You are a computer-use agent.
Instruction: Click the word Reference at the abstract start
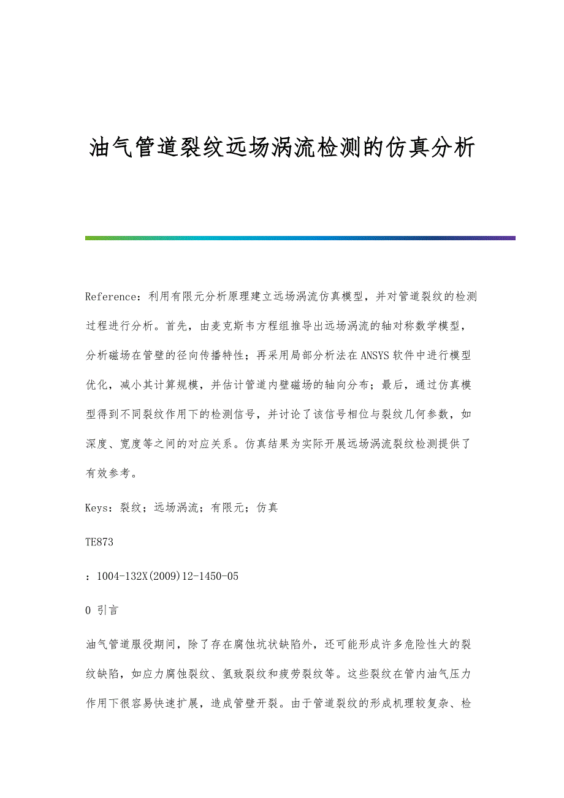point(110,297)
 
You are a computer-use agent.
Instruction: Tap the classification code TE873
point(99,542)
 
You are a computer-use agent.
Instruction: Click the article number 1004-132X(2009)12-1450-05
point(167,576)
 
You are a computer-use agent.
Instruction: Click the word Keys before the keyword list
point(97,507)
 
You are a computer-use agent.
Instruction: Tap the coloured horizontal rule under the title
point(300,238)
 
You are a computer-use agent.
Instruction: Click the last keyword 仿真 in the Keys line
point(267,507)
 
